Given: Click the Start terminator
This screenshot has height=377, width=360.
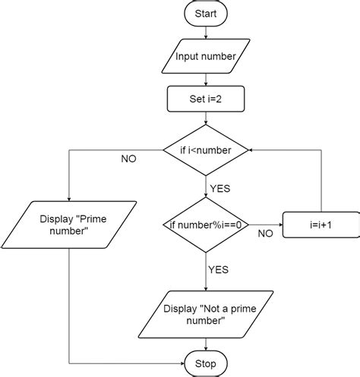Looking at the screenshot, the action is point(206,14).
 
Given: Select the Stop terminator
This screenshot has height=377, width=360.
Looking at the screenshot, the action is point(206,363).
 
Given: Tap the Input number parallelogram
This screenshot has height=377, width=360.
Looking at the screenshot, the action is point(206,56).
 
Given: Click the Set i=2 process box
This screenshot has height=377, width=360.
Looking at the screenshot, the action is point(206,99).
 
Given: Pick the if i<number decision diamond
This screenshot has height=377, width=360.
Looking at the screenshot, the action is point(206,150).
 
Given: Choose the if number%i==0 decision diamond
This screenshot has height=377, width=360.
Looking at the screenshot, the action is point(206,225).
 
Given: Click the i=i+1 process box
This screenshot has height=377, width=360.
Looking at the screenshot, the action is point(321,225).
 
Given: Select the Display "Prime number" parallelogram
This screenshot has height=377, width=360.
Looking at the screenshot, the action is point(69,225).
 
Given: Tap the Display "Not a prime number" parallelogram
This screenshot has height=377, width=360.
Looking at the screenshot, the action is point(206,315).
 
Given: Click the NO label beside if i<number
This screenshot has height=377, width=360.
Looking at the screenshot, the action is point(128,159).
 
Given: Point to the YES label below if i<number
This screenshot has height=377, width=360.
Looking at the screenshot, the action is point(220,189).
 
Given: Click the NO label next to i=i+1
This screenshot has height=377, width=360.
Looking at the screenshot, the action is point(265,234).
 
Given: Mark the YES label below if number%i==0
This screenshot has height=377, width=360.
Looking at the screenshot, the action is point(218,270).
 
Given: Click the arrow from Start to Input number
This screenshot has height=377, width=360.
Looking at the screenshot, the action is point(206,33).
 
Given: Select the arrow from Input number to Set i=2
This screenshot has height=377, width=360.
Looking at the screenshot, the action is point(206,80).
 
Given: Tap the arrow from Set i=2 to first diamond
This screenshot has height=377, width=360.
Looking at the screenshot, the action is point(206,118).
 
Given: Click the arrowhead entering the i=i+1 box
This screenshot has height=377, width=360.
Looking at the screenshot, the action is point(280,225).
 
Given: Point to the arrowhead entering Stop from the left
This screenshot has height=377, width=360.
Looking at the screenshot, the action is point(182,363).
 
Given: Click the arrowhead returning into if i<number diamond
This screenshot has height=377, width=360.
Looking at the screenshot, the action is point(251,150).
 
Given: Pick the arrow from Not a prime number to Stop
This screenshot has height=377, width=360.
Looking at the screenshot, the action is point(206,344).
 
